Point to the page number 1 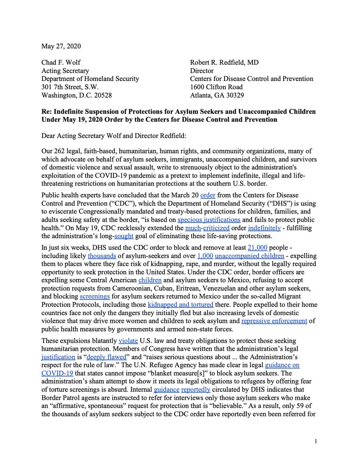pyautogui.click(x=316, y=441)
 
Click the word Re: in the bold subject pyautogui.click(x=47, y=111)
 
